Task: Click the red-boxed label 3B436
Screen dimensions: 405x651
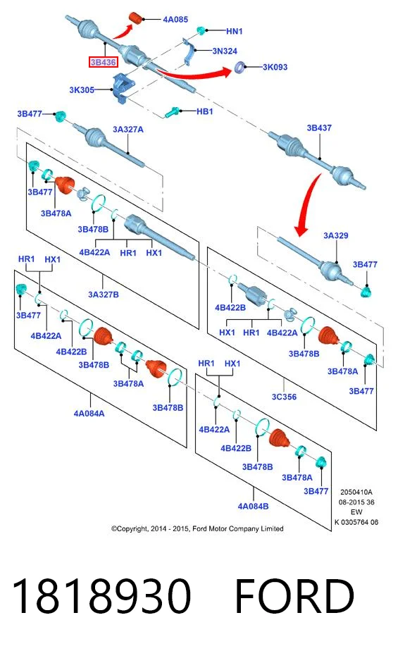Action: (104, 62)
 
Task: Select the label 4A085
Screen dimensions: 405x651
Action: (175, 20)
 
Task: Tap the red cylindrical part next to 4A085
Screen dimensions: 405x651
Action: (136, 18)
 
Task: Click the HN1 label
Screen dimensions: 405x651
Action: (234, 31)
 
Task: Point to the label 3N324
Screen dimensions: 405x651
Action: (225, 51)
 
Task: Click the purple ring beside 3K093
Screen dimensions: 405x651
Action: (239, 67)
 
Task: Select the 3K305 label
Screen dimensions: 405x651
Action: (82, 89)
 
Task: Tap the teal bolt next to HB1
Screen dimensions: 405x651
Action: (172, 112)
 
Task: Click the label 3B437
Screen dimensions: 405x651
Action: (319, 128)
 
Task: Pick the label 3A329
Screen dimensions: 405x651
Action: (336, 235)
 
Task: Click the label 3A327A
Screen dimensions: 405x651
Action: (127, 130)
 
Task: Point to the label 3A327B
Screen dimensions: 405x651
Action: (104, 294)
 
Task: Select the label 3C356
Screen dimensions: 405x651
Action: (285, 397)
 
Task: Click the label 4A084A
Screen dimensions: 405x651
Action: (89, 414)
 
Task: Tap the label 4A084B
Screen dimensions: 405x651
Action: (253, 506)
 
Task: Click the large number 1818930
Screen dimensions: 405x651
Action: (101, 596)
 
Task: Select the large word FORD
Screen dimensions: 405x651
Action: (294, 596)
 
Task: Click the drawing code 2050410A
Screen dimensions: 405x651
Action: (356, 492)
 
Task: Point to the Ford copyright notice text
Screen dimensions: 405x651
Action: (197, 528)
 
